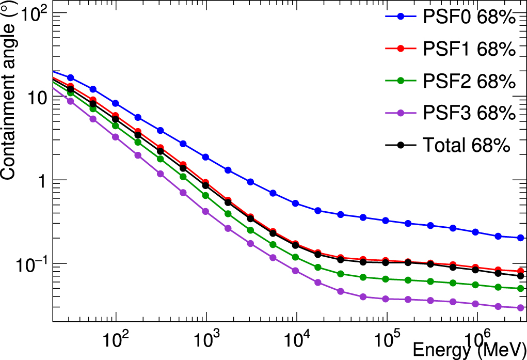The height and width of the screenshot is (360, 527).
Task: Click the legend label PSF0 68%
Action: coord(469,18)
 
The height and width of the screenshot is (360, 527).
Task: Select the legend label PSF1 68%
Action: coord(469,50)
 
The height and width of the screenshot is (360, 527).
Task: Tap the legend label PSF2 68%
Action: coord(469,81)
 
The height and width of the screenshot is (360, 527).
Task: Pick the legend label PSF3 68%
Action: coord(469,113)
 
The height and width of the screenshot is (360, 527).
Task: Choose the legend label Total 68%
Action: coord(467,145)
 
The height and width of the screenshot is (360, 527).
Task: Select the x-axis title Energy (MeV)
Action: coord(469,350)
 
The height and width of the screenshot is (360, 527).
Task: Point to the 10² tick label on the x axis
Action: coord(115,339)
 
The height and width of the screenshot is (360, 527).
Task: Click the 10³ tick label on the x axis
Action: coord(206,339)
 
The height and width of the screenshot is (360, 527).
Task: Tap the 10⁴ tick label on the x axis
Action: coord(296,339)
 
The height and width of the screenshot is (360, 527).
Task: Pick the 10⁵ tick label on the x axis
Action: coord(387,339)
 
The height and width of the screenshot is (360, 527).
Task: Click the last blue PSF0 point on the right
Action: coord(520,238)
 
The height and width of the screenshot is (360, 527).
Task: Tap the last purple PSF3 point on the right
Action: coord(520,308)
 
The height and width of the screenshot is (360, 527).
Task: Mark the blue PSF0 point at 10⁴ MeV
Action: coord(296,204)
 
